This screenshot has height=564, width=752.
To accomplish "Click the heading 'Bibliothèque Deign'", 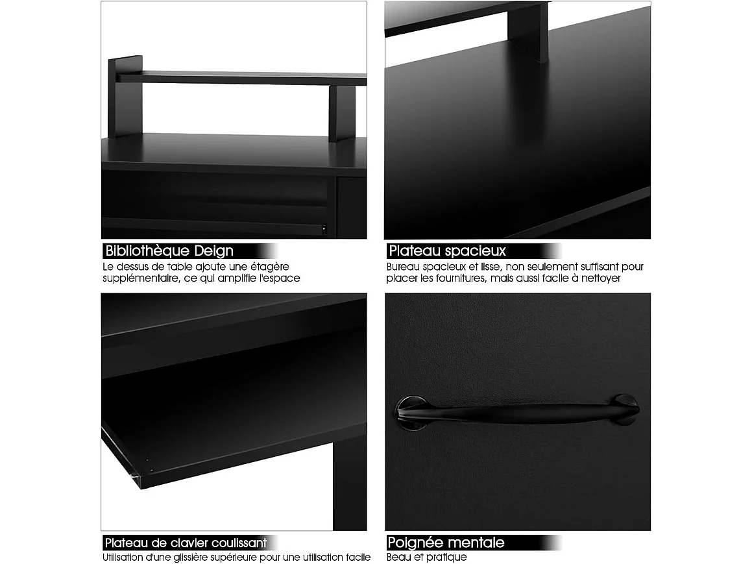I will point(169,251).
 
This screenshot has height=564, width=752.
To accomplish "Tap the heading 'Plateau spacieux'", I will point(446,251).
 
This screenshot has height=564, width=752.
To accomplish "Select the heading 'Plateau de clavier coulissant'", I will point(186,543).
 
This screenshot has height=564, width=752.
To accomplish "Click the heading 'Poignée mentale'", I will point(446,543).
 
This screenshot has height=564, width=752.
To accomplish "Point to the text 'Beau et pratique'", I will point(426,557).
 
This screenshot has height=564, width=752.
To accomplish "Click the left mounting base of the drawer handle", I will point(411,412).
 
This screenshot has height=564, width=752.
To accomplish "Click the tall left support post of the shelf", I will point(125,97).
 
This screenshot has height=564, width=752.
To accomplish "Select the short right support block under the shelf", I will point(341,114).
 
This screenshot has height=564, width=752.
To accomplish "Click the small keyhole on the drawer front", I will point(323,228).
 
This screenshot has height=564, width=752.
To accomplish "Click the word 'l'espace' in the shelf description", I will point(280,278).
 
